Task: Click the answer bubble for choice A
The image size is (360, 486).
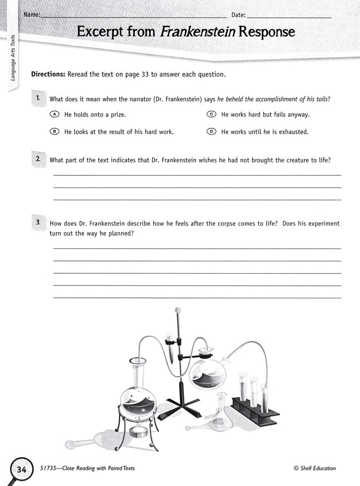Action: click(54, 115)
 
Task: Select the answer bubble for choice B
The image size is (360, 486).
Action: click(54, 132)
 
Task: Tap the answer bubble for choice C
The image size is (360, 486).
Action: click(211, 115)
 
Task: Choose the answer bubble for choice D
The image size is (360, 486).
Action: click(211, 132)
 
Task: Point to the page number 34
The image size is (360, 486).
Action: click(21, 469)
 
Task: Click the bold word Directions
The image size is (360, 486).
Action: click(48, 75)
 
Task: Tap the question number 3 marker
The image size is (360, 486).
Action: click(38, 222)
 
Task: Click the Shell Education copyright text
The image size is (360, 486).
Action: click(315, 469)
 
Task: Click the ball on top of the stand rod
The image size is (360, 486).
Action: click(178, 309)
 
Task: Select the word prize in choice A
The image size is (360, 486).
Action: click(118, 115)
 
